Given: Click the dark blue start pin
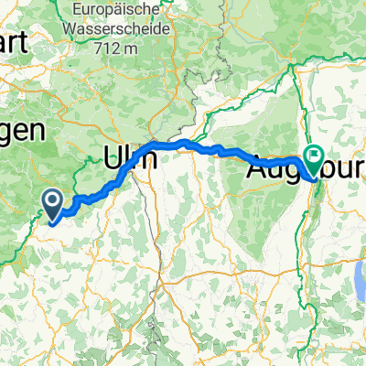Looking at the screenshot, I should click(x=52, y=202).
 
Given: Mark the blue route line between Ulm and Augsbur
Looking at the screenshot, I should click(x=220, y=149).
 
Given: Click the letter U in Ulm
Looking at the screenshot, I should click(x=116, y=156).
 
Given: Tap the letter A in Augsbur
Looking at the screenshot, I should click(x=257, y=168).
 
